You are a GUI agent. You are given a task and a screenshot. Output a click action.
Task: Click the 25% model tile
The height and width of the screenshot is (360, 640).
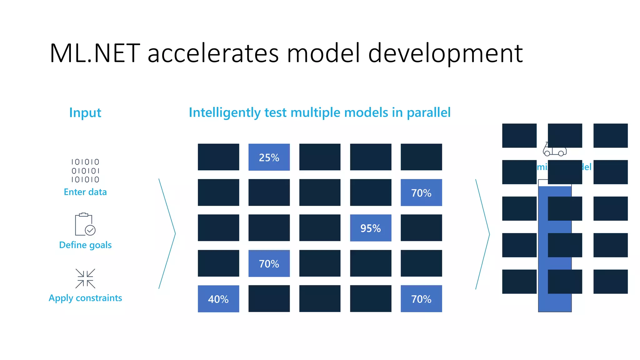point(269,157)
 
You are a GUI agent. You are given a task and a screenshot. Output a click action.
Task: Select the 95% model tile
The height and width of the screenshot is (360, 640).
point(371,228)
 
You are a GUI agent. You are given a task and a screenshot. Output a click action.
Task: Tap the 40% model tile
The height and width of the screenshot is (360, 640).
point(218,299)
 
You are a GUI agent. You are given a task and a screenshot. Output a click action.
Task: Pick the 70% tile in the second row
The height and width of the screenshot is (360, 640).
point(421,192)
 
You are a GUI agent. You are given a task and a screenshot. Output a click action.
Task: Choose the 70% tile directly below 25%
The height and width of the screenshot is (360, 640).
point(269,263)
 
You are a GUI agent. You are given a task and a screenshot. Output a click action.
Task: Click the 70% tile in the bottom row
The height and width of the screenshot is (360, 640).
point(421,299)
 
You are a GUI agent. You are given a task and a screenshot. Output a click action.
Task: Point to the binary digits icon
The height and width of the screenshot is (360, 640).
point(85,171)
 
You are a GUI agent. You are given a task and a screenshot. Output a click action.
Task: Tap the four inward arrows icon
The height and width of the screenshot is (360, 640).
point(85,278)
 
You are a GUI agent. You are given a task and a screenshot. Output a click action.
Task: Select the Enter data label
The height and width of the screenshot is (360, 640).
point(85,192)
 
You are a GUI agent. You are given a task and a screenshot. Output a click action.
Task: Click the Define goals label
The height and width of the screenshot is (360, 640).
point(85,245)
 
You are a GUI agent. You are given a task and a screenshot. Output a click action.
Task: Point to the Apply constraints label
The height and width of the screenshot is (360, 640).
point(85,298)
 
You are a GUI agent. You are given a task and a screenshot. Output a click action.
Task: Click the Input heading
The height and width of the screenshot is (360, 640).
point(85,112)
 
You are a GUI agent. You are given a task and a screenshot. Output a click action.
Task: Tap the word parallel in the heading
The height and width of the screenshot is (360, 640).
point(428,112)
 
